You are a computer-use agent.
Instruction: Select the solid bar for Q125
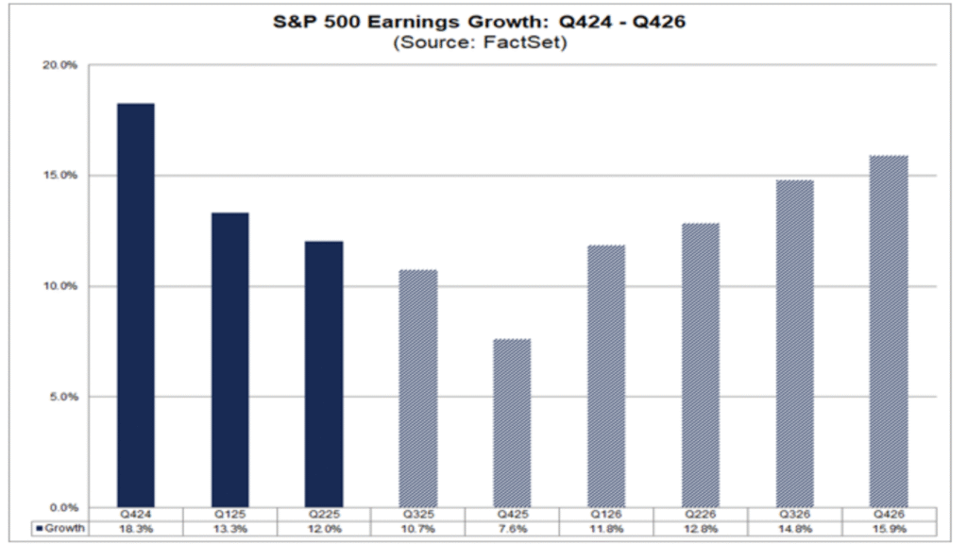(229, 359)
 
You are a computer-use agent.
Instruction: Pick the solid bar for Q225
(324, 373)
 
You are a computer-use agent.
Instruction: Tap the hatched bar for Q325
(418, 387)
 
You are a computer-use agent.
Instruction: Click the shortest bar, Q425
(512, 422)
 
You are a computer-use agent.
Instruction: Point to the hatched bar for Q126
(606, 375)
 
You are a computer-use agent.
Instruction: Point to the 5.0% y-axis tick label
(62, 397)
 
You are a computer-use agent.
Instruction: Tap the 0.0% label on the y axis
(62, 507)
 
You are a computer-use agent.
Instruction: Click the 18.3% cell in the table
(135, 530)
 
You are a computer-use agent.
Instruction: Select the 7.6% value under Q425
(512, 530)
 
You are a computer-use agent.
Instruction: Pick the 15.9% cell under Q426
(889, 530)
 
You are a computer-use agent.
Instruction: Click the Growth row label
(60, 530)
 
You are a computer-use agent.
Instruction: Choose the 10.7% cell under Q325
(418, 530)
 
